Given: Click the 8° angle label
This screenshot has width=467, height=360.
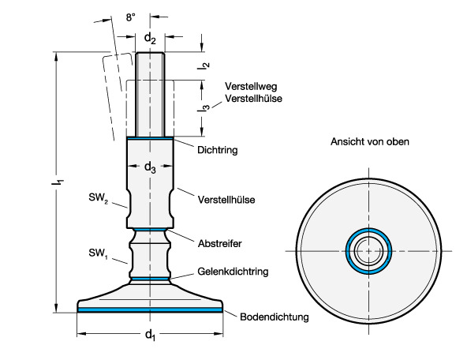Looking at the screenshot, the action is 130,17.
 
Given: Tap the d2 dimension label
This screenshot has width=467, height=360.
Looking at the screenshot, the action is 150,39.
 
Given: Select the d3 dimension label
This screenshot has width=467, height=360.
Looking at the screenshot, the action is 150,167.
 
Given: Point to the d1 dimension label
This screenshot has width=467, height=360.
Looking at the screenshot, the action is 150,335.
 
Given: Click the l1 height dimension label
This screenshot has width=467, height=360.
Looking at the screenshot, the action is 58,182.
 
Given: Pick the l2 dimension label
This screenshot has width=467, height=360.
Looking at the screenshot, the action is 204,66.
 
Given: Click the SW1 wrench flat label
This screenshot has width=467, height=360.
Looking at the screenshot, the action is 98,253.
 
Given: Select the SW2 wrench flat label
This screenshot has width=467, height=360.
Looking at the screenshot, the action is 98,197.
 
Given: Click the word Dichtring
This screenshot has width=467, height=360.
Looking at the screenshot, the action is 218,150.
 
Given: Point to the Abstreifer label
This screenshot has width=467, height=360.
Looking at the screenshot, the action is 220,243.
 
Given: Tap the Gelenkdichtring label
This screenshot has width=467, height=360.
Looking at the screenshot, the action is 233,272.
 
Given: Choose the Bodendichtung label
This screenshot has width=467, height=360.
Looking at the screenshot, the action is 275,317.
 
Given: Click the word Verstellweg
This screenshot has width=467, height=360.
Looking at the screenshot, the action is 251,86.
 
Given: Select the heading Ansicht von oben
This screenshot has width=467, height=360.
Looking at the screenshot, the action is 370,141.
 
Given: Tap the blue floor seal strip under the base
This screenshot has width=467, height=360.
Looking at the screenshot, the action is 150,310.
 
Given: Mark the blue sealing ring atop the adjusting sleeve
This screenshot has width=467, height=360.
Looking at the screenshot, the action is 150,138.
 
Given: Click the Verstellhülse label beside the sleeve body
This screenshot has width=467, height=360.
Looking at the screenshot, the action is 226,200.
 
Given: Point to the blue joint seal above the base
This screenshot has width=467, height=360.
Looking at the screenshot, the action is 150,279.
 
